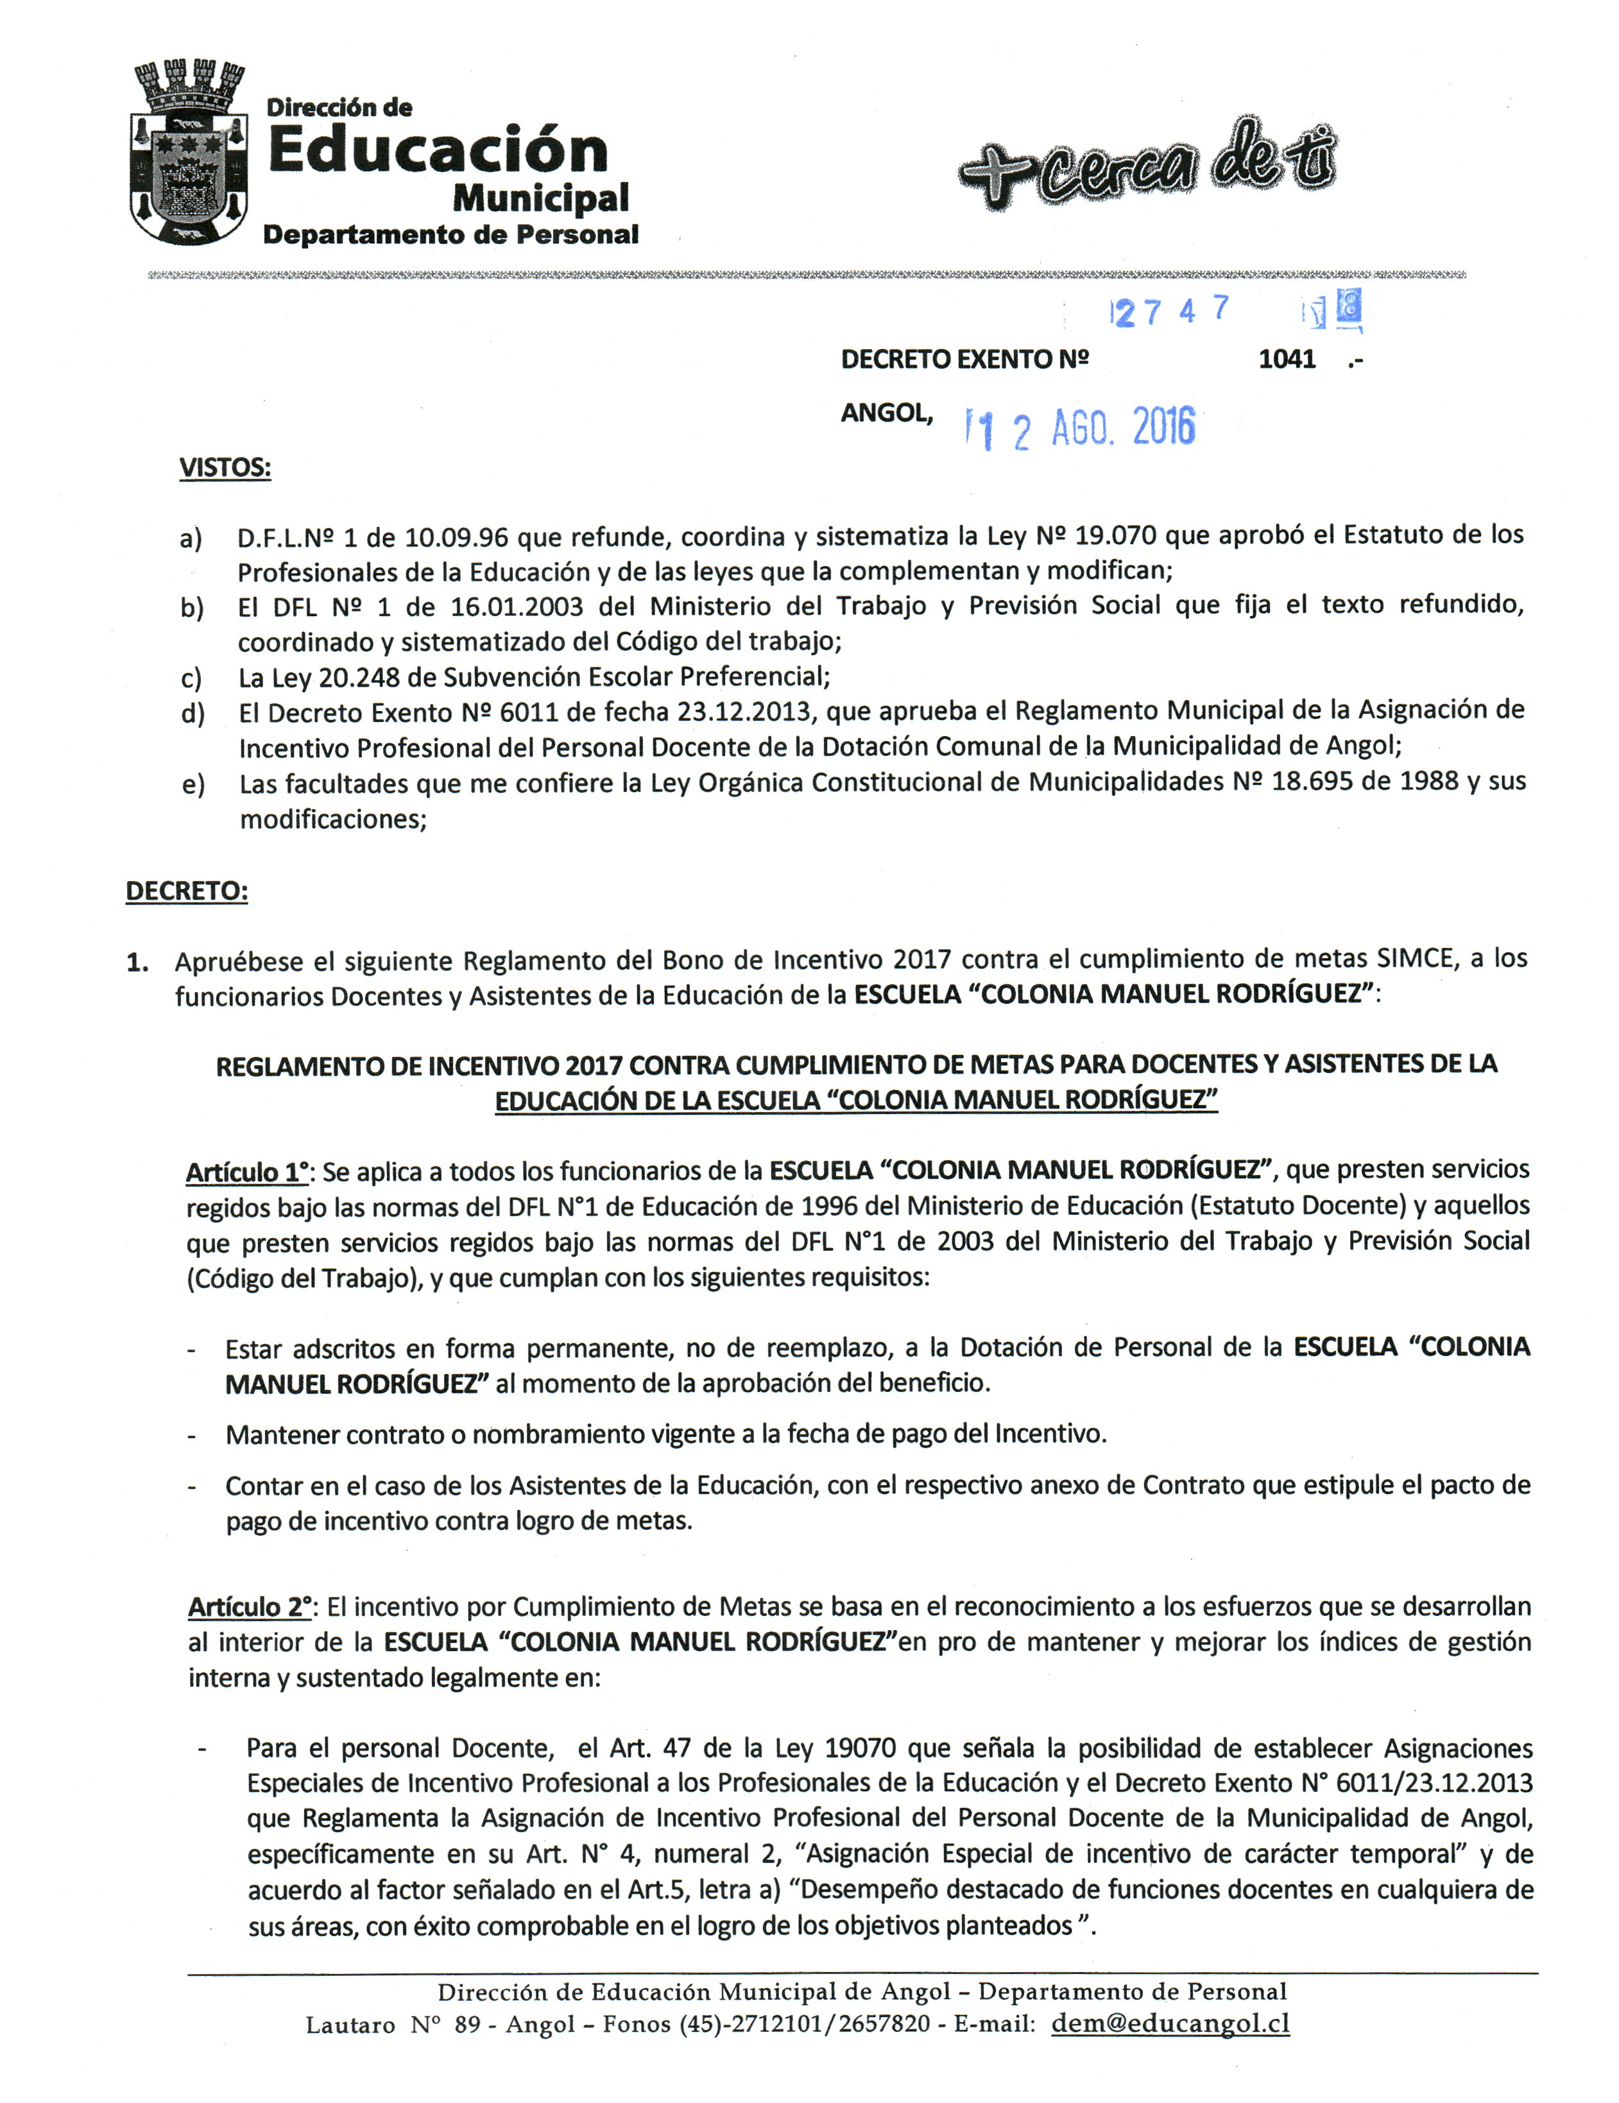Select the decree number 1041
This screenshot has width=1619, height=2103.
(x=1286, y=359)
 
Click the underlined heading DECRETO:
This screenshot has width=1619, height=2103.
(x=187, y=891)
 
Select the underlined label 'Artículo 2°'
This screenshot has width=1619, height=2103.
(x=250, y=1606)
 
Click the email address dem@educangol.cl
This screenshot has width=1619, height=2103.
(x=1170, y=2023)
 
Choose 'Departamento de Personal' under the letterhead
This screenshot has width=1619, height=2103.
(x=450, y=235)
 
